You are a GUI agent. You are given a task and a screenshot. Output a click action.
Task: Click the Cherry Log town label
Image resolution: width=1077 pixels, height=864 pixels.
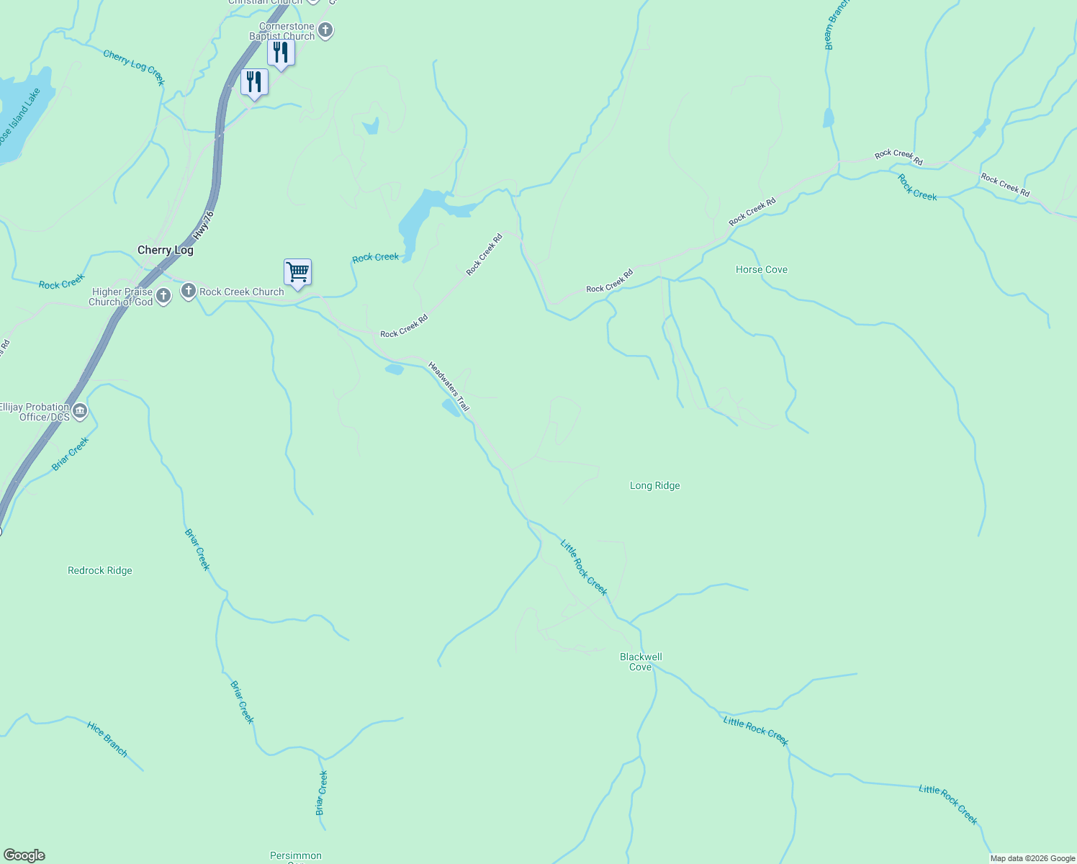[166, 251]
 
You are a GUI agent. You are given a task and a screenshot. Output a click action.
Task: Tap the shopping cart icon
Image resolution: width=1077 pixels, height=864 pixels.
[297, 273]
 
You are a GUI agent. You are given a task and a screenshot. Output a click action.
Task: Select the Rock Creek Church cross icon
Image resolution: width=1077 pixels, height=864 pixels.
[189, 291]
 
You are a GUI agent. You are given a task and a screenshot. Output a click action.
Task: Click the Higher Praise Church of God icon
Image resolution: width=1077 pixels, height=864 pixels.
[163, 296]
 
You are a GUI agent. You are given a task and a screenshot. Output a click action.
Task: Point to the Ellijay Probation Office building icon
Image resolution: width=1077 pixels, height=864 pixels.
[80, 412]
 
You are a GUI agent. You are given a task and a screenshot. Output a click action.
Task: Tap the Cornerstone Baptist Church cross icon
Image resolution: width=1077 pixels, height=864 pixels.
[325, 30]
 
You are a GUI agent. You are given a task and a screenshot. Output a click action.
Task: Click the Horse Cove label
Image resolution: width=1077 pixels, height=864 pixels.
[762, 270]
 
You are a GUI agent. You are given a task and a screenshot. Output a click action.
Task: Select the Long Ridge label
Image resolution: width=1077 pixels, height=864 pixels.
[654, 486]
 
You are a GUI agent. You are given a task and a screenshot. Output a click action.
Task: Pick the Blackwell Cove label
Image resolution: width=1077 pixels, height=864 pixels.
[641, 662]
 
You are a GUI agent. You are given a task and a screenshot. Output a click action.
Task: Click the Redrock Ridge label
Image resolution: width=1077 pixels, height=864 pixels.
[100, 571]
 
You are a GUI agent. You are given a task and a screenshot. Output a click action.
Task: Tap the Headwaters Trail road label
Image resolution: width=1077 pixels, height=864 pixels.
[449, 387]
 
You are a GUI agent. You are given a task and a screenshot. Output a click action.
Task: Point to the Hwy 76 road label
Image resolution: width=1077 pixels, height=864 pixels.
[204, 225]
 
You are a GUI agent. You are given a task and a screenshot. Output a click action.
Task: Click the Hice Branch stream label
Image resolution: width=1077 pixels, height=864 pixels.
[107, 739]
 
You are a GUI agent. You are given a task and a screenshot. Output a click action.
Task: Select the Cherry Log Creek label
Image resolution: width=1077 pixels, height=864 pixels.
[134, 67]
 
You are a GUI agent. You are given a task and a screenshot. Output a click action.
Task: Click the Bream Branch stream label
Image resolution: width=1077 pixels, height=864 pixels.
[837, 26]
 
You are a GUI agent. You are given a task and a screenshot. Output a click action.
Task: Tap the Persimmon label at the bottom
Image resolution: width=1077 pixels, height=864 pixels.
[296, 856]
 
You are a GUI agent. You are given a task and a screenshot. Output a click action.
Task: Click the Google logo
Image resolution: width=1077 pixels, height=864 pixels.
[24, 855]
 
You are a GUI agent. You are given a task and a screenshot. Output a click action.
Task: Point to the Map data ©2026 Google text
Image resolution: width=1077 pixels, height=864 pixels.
[1032, 858]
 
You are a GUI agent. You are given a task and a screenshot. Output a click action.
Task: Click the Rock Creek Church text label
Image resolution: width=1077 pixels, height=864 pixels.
[242, 292]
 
